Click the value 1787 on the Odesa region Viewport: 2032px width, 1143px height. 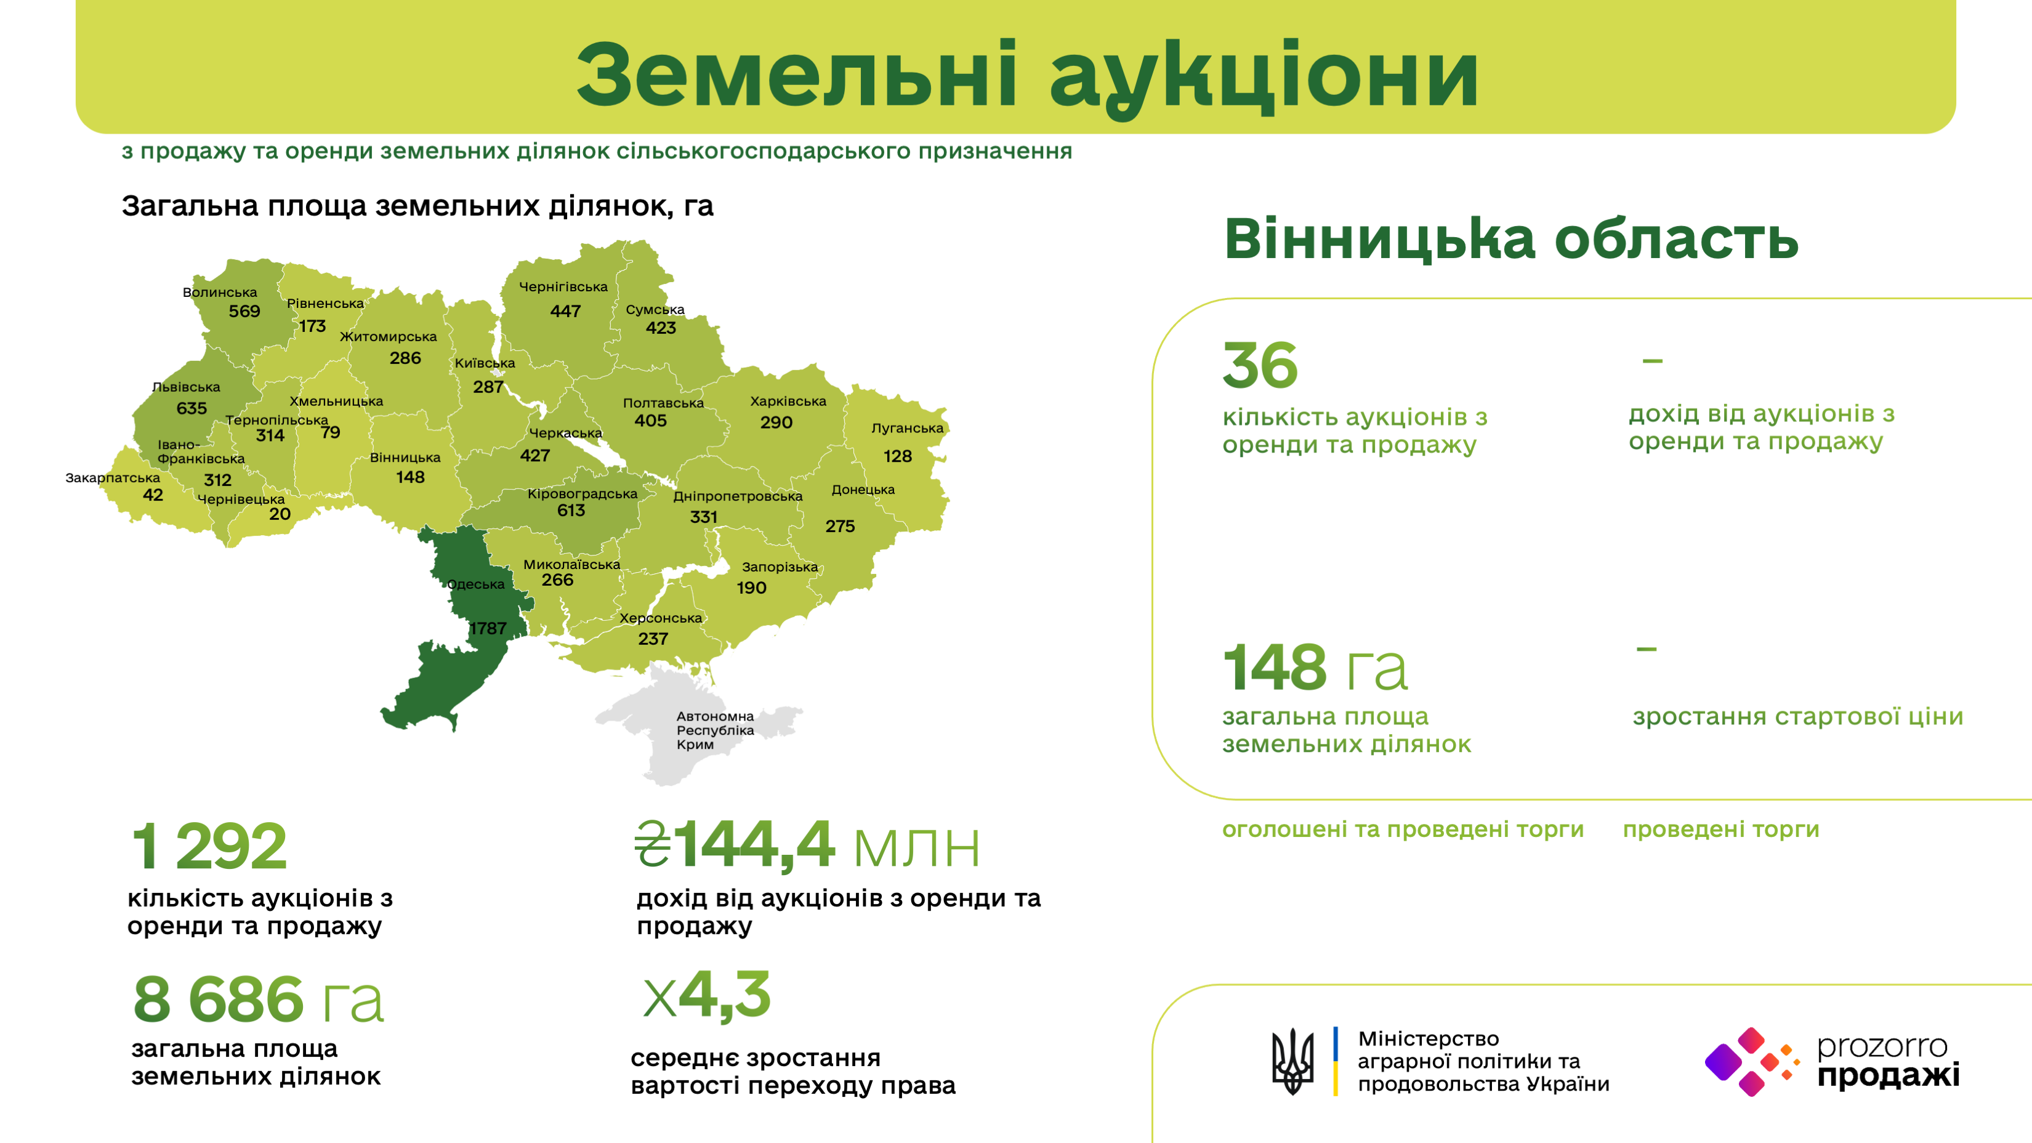click(488, 628)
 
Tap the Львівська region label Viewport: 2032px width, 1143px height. click(186, 387)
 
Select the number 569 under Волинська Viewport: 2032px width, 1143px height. click(244, 311)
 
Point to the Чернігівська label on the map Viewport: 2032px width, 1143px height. click(563, 287)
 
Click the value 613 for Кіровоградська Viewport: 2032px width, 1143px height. click(571, 511)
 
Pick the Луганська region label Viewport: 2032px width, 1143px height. click(907, 429)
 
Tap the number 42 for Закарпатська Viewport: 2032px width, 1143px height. click(153, 495)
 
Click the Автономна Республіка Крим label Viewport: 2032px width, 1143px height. click(716, 730)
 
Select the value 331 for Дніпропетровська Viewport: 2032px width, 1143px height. click(704, 517)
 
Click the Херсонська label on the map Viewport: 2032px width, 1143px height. click(661, 618)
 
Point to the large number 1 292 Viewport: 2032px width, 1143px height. click(209, 846)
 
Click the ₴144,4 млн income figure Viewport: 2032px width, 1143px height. click(808, 846)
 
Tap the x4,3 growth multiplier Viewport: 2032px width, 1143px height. click(707, 995)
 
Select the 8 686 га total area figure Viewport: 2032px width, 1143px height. click(259, 999)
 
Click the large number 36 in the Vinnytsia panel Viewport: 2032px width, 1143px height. click(1260, 365)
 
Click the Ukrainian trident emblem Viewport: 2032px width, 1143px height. click(1292, 1061)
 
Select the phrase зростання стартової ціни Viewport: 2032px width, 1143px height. click(1798, 716)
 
